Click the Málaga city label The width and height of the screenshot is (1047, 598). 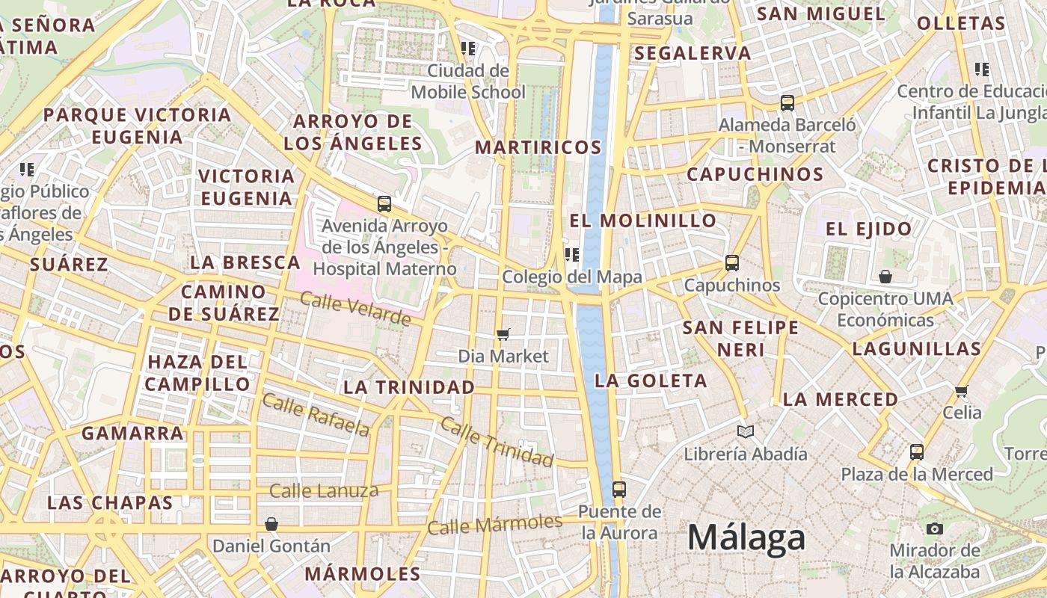[746, 537]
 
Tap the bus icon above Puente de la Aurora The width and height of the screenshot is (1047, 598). [618, 490]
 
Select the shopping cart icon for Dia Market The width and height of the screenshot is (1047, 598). [503, 334]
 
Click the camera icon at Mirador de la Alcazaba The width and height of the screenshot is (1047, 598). [934, 529]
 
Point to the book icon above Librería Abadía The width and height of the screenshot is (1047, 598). [746, 431]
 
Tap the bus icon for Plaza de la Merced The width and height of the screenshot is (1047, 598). [917, 451]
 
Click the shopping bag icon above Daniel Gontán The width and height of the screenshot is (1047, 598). [271, 524]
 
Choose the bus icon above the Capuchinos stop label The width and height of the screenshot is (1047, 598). [732, 263]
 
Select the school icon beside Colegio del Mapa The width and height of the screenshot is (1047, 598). [572, 255]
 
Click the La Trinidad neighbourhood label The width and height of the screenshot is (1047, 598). [409, 387]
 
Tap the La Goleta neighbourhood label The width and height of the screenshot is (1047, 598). [651, 380]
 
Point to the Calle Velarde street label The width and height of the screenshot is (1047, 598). [355, 308]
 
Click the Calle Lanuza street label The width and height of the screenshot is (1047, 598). [324, 491]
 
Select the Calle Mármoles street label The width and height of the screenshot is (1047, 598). [494, 524]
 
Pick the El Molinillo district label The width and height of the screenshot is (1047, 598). [643, 221]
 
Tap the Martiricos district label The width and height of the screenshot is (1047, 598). [538, 147]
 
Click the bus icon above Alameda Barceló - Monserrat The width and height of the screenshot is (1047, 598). [787, 103]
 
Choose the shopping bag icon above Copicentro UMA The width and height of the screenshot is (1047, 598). [885, 277]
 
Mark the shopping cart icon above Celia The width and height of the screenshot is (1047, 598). [962, 391]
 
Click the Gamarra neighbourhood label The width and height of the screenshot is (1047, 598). [132, 433]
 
